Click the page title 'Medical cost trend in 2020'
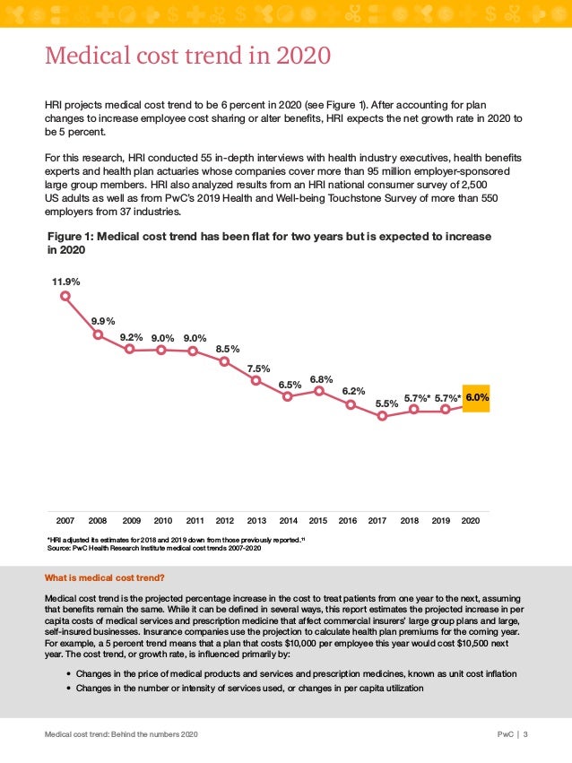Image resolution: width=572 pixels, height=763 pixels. coord(188,56)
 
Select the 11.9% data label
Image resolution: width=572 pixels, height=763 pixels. coord(65,282)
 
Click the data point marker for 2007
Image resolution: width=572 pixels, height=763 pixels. coord(65,299)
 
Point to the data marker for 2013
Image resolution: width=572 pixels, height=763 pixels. coord(256,380)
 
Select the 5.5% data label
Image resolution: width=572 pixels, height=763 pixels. coord(386,403)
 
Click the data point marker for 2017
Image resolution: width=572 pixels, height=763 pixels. coord(382,416)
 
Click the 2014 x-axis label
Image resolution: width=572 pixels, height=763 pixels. coord(288,519)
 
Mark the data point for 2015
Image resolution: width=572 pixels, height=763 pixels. coord(319,390)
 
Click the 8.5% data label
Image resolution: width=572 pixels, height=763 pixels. coord(229,349)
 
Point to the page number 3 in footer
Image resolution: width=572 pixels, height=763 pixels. coord(526,734)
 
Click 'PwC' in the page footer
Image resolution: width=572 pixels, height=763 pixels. coord(506,734)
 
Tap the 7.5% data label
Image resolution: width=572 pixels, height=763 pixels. coord(259,368)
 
